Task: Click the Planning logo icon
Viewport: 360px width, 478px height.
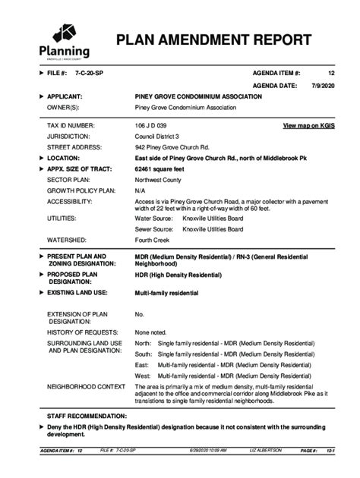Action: (63, 33)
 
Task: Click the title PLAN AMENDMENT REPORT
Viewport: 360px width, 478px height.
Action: (213, 41)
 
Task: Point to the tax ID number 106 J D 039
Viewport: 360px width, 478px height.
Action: (151, 124)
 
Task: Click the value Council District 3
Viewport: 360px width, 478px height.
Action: (156, 136)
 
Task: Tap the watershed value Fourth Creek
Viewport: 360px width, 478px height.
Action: (152, 239)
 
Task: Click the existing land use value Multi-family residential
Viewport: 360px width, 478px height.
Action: (167, 292)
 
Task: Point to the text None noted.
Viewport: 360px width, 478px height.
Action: (150, 332)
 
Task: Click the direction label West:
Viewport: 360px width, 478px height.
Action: (143, 376)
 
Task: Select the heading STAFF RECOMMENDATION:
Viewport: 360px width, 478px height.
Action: (87, 417)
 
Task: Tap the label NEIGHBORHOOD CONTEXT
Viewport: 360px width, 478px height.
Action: (86, 387)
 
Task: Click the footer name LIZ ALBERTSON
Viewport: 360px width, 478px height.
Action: (265, 451)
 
